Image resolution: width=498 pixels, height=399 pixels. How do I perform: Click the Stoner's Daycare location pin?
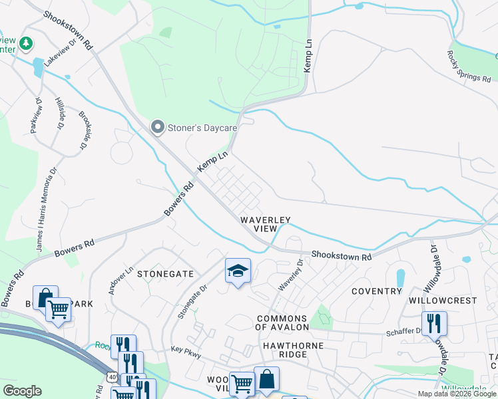[158, 126]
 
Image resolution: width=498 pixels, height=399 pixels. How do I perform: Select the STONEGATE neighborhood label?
[165, 273]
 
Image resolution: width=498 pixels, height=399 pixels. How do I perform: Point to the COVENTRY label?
[377, 291]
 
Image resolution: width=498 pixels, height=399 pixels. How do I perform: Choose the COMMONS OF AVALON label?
[282, 323]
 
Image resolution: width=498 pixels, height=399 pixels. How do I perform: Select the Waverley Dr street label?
[291, 275]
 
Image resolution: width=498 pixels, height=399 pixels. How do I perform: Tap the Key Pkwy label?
[186, 348]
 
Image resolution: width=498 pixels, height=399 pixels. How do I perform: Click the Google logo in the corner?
[21, 391]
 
